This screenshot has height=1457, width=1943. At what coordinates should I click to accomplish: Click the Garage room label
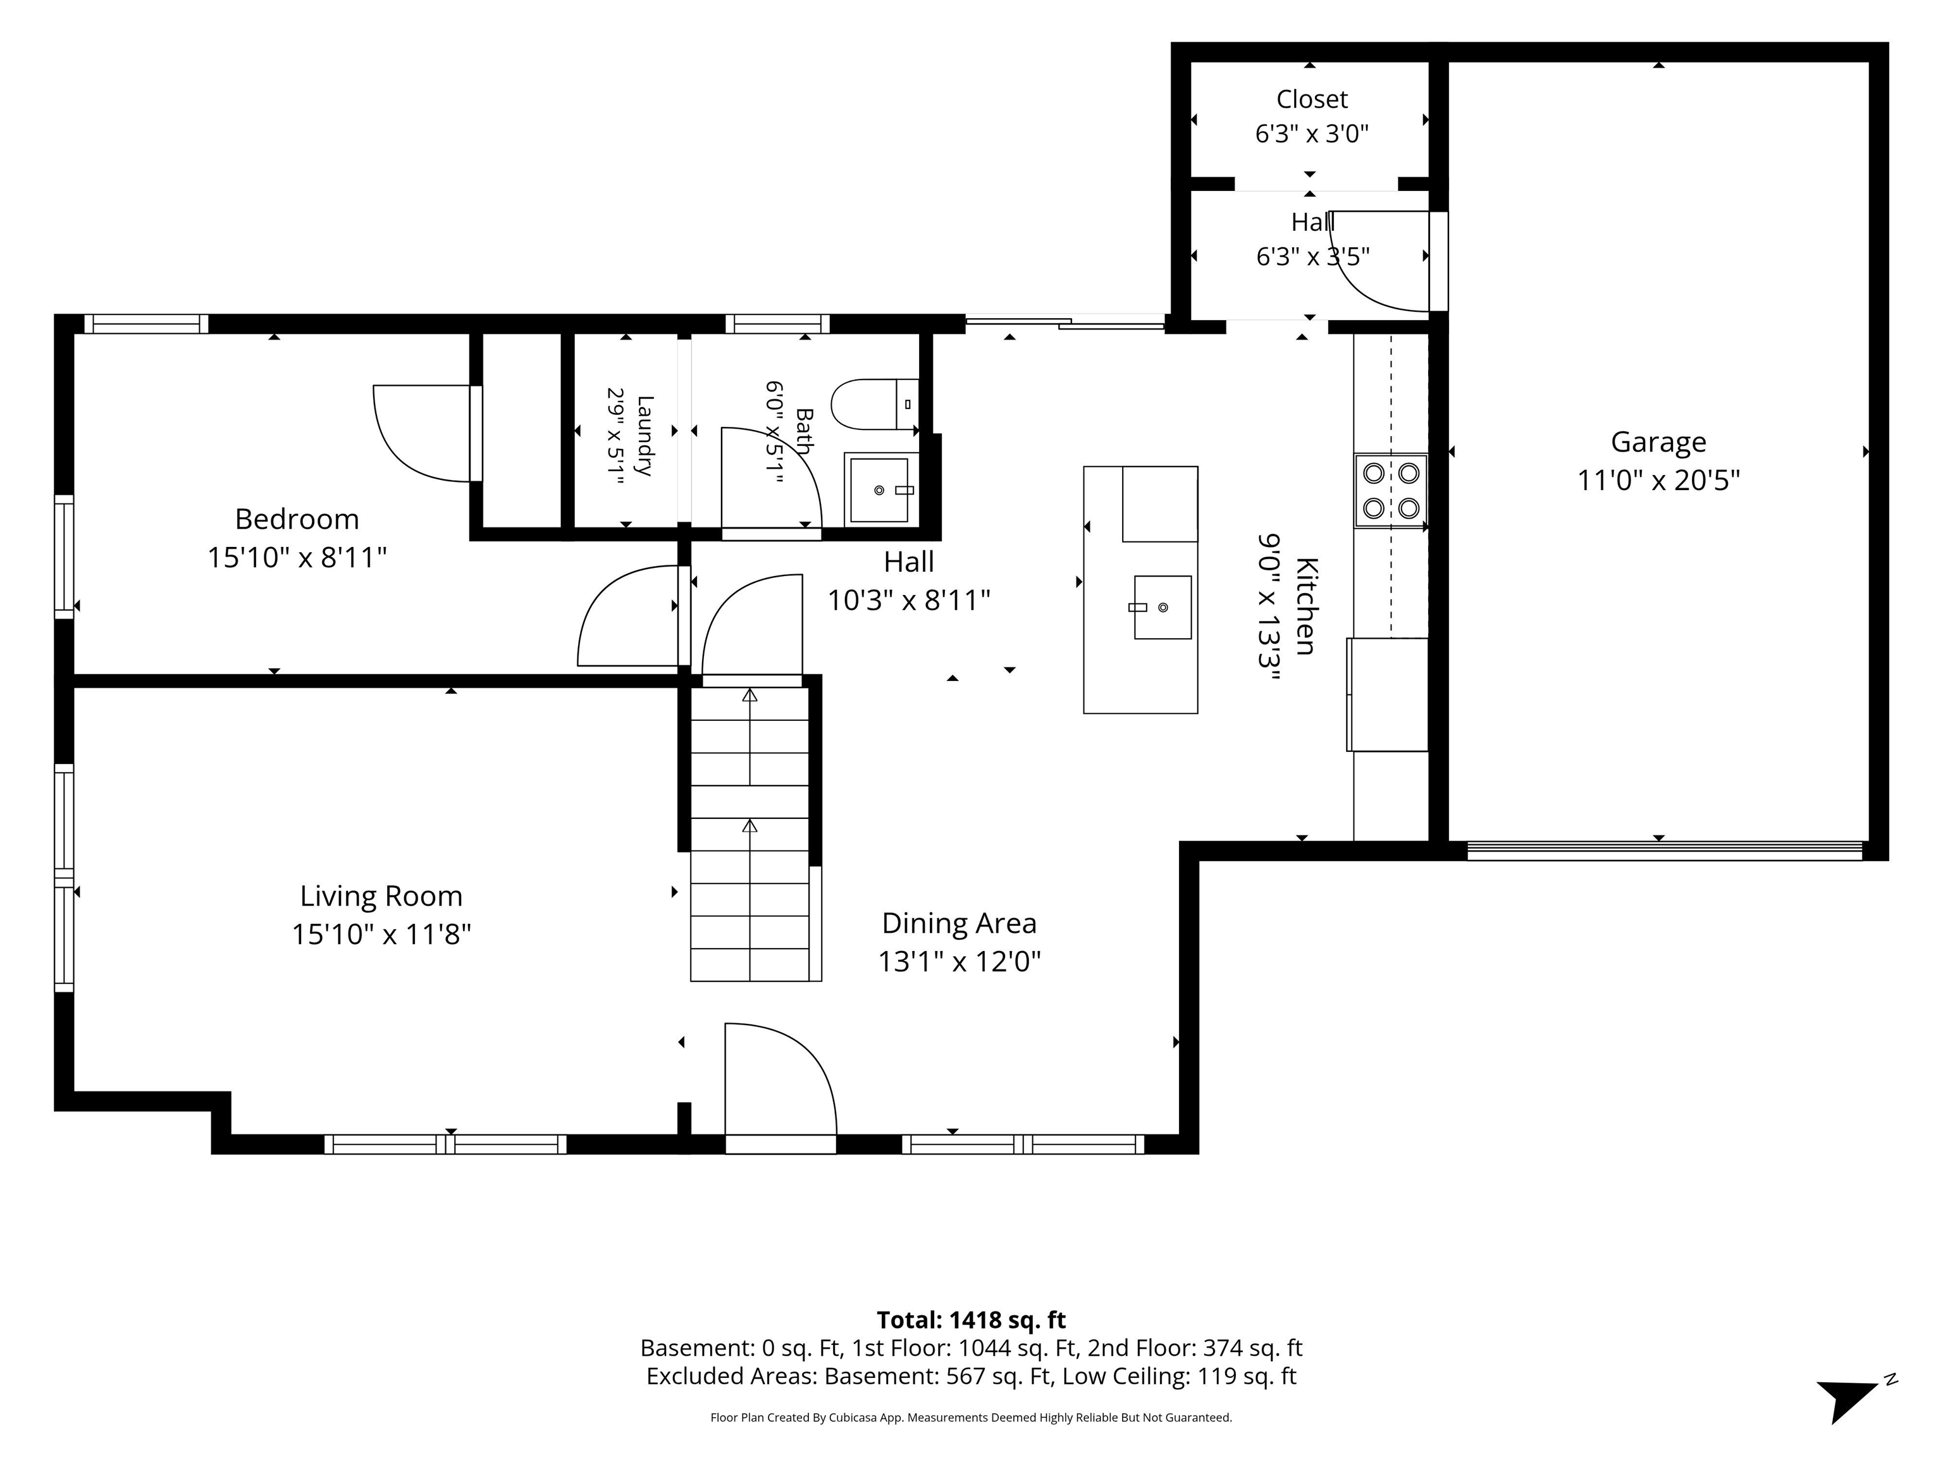[1658, 442]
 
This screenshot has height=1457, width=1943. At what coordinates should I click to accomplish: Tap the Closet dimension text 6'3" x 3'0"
[1311, 133]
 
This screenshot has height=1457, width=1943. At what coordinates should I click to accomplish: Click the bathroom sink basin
[879, 490]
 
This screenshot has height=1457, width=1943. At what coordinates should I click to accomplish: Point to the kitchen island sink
[1162, 607]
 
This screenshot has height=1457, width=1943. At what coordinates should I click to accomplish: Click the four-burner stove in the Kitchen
[1390, 491]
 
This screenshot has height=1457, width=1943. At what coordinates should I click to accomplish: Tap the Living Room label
[381, 896]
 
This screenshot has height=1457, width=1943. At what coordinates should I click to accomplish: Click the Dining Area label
[959, 923]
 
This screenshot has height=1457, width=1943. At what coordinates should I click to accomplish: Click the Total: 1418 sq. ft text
[971, 1320]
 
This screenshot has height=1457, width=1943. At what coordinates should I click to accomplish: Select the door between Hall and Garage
[1438, 262]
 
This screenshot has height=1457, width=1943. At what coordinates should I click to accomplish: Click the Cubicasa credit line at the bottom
[971, 1418]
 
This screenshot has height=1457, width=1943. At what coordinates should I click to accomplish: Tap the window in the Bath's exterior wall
[777, 324]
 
